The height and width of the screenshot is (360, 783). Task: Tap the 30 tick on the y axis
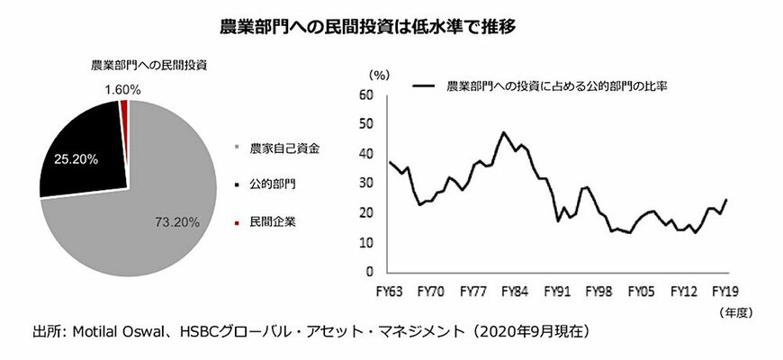click(x=365, y=183)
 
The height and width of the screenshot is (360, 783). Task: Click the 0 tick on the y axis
click(x=369, y=272)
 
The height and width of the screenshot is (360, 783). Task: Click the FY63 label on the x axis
click(x=390, y=292)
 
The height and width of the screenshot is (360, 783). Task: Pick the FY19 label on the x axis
click(x=724, y=292)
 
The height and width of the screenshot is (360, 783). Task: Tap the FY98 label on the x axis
click(x=598, y=292)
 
